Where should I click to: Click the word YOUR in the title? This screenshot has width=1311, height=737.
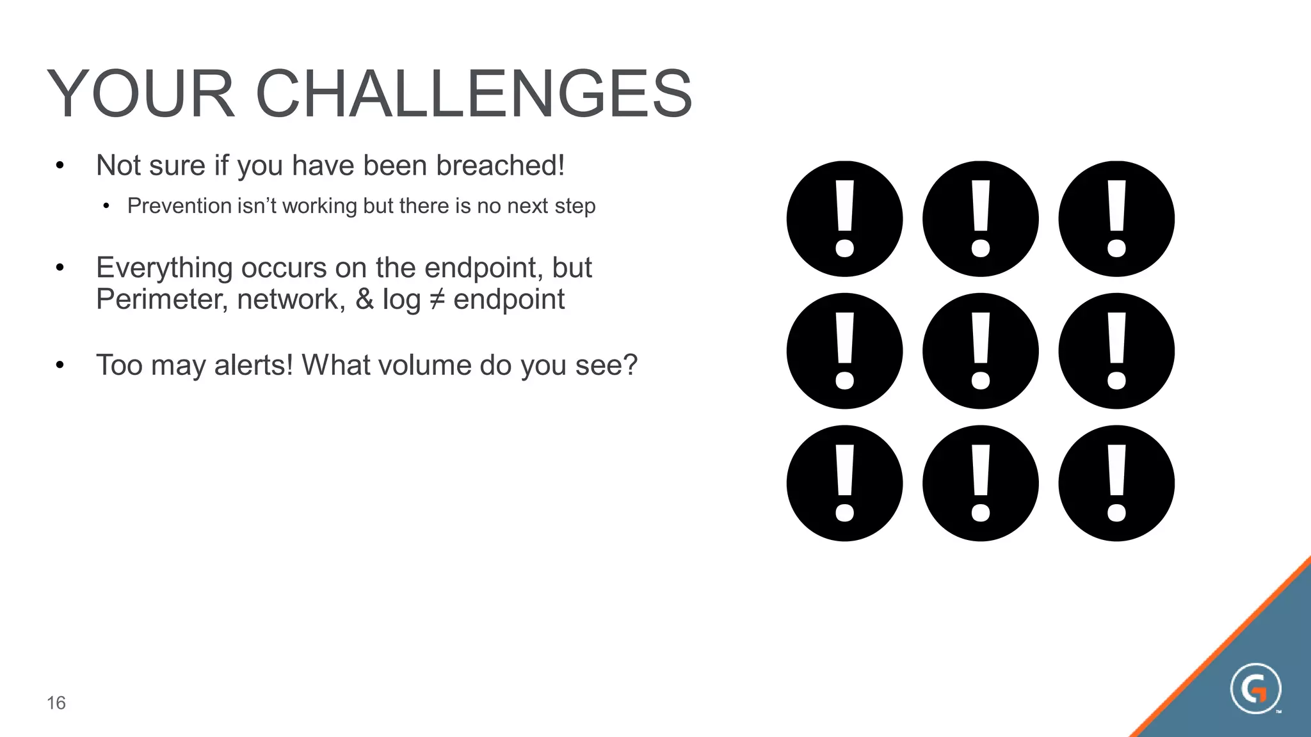[141, 95]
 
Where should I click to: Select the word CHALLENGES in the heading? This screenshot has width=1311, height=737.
[474, 95]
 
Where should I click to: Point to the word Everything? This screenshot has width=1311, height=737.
[164, 267]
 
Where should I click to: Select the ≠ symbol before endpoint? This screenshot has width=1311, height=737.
[437, 299]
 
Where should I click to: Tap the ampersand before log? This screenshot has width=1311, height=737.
[364, 299]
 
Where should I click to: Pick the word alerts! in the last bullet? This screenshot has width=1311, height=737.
[253, 365]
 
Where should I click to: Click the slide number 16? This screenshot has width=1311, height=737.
[56, 703]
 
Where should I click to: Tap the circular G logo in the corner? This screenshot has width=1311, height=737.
[1255, 688]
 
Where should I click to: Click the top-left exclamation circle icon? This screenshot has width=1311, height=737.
[844, 219]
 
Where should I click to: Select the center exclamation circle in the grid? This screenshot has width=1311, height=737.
[981, 351]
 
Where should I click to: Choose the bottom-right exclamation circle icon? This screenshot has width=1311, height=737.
[1116, 484]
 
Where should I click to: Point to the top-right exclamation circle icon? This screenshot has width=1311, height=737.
[1116, 219]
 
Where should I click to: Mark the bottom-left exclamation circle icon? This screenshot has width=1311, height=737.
[844, 484]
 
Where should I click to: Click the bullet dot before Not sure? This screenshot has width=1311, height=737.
[60, 166]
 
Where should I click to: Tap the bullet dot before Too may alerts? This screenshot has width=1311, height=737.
[60, 366]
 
